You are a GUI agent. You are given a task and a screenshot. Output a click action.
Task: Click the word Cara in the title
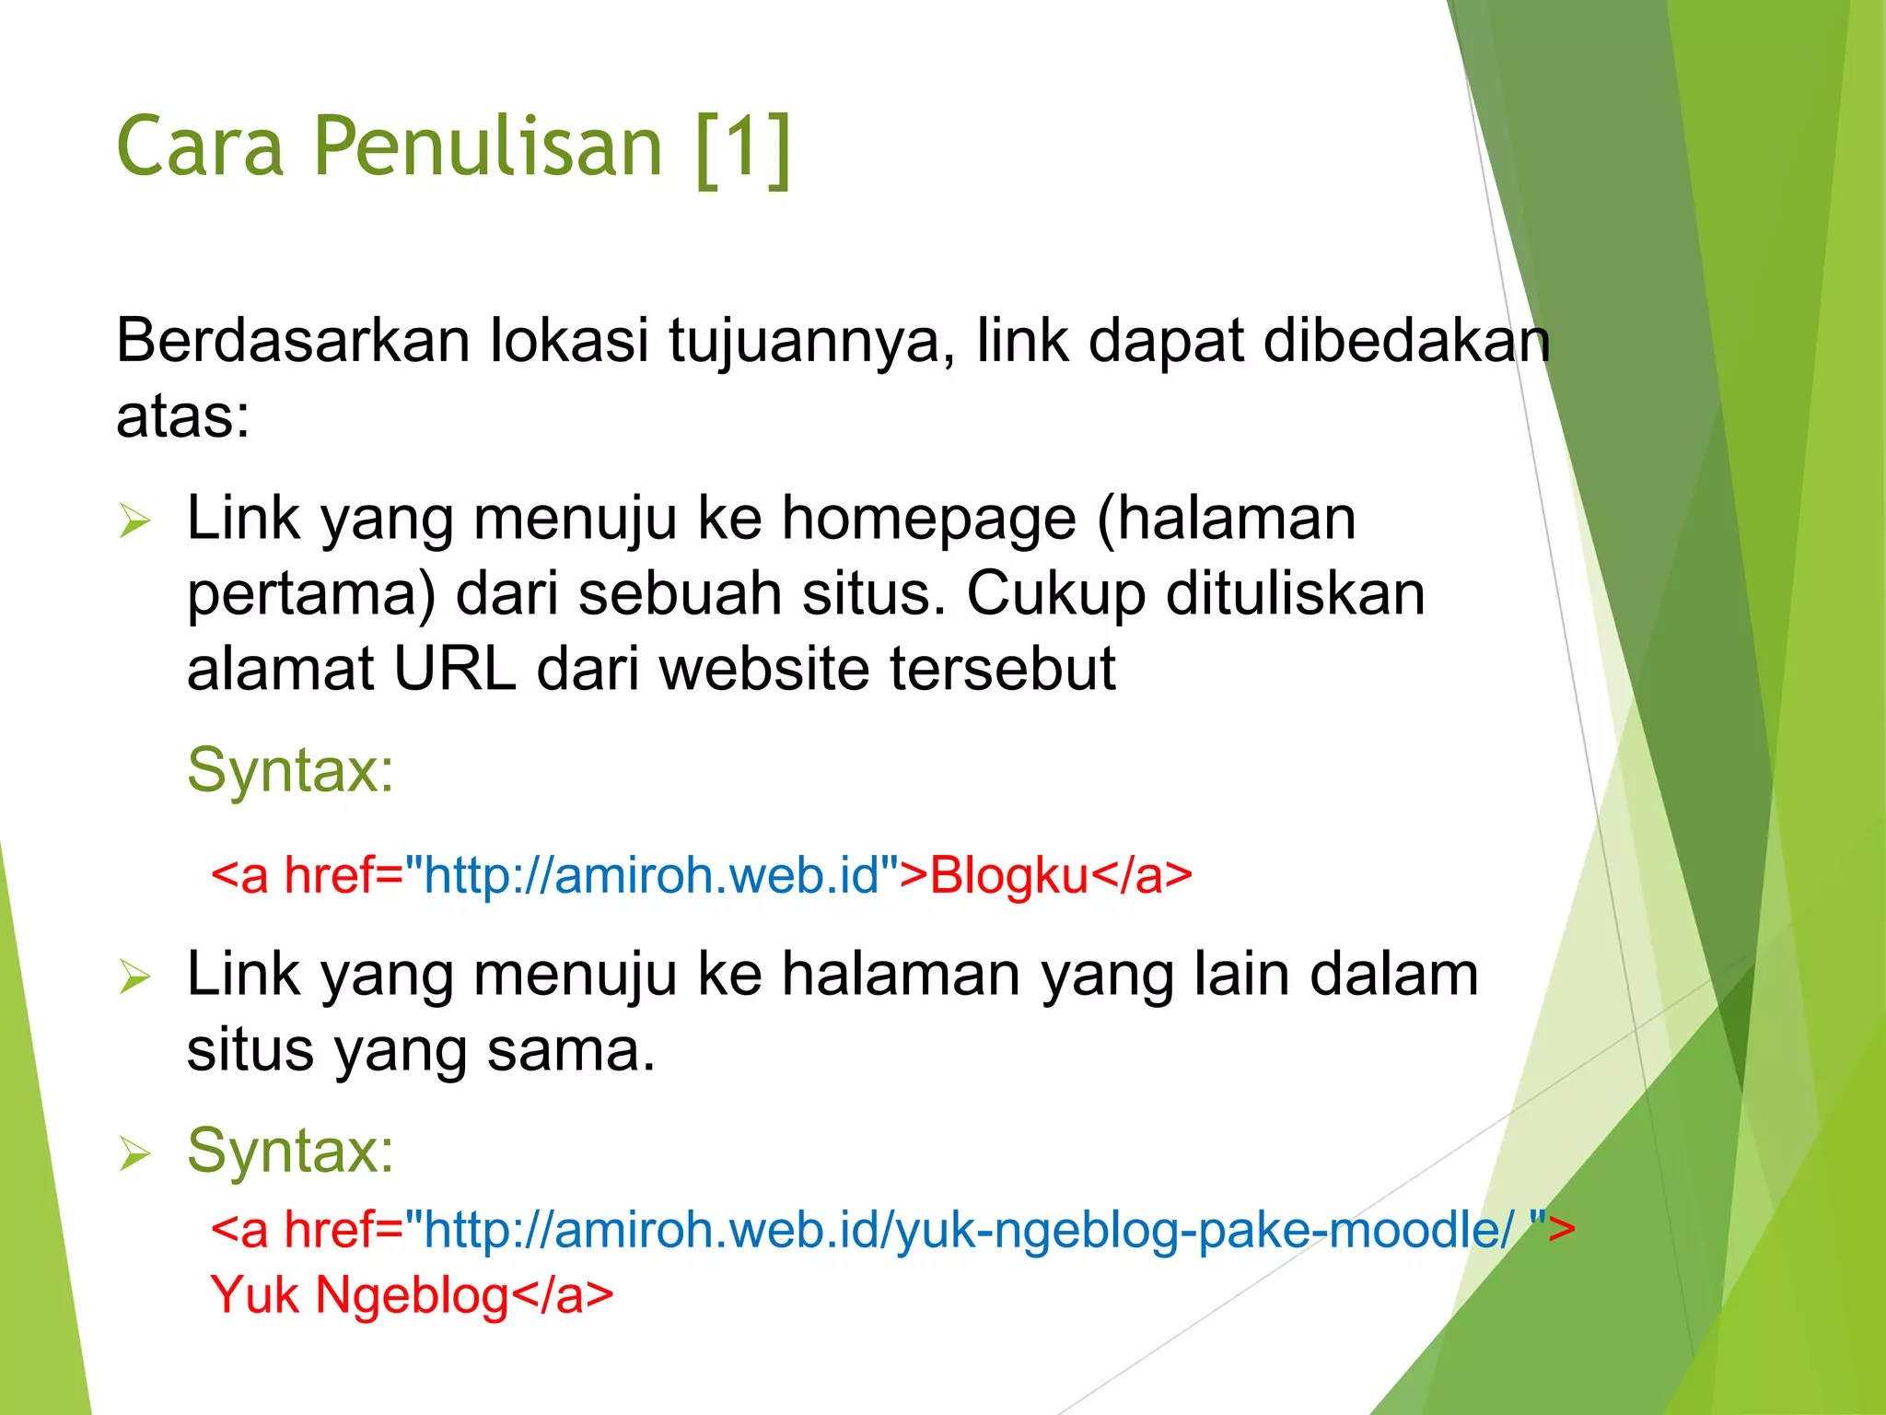200,147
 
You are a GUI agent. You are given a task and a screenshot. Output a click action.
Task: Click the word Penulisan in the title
488,147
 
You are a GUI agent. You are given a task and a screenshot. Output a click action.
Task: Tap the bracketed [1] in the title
743,147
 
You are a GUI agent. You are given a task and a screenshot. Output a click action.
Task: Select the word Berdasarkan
293,341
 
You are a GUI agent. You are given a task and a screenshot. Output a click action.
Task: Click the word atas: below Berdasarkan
182,416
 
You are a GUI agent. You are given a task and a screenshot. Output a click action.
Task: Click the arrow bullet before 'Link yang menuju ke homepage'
134,522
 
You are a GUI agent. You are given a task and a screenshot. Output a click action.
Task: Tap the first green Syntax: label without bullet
290,770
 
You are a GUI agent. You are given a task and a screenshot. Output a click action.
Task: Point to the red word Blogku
1008,876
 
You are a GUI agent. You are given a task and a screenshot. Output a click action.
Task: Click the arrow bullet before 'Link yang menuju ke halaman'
134,977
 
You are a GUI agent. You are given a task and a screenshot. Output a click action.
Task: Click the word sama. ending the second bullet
570,1050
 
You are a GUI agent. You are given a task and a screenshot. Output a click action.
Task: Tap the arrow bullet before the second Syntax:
134,1154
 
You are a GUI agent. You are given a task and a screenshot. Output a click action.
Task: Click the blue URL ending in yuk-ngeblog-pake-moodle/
967,1230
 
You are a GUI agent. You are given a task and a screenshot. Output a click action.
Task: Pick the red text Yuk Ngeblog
359,1295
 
